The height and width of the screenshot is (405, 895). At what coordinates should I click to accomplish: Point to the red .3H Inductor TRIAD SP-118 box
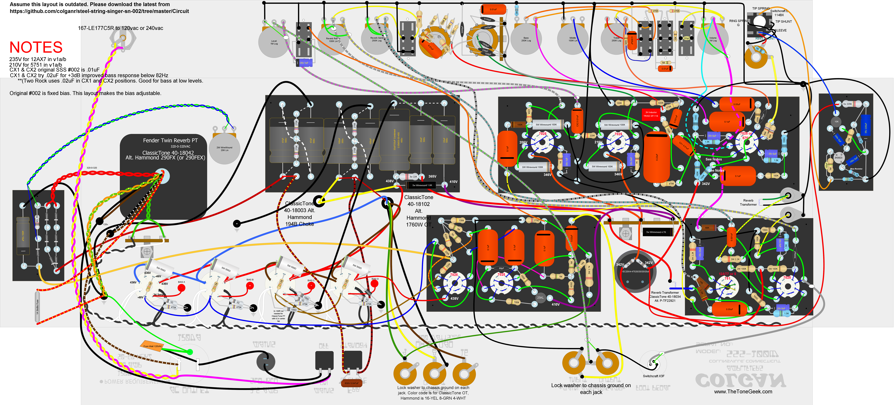click(x=651, y=114)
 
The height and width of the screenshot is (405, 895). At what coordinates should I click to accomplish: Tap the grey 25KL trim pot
click(x=540, y=298)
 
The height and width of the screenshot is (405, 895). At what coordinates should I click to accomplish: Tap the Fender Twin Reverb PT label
click(x=170, y=140)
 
